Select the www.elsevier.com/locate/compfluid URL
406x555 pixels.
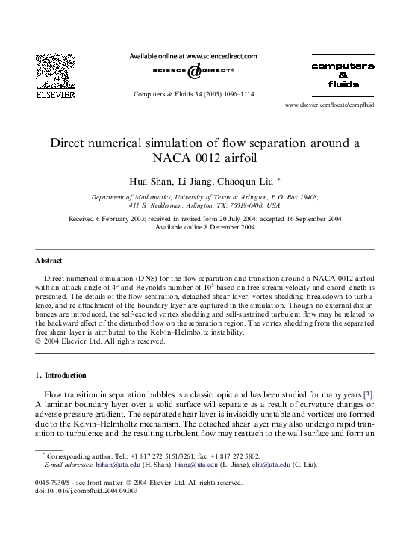tap(329, 105)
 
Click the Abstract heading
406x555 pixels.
tap(49, 261)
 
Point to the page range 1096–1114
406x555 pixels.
tap(254, 95)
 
